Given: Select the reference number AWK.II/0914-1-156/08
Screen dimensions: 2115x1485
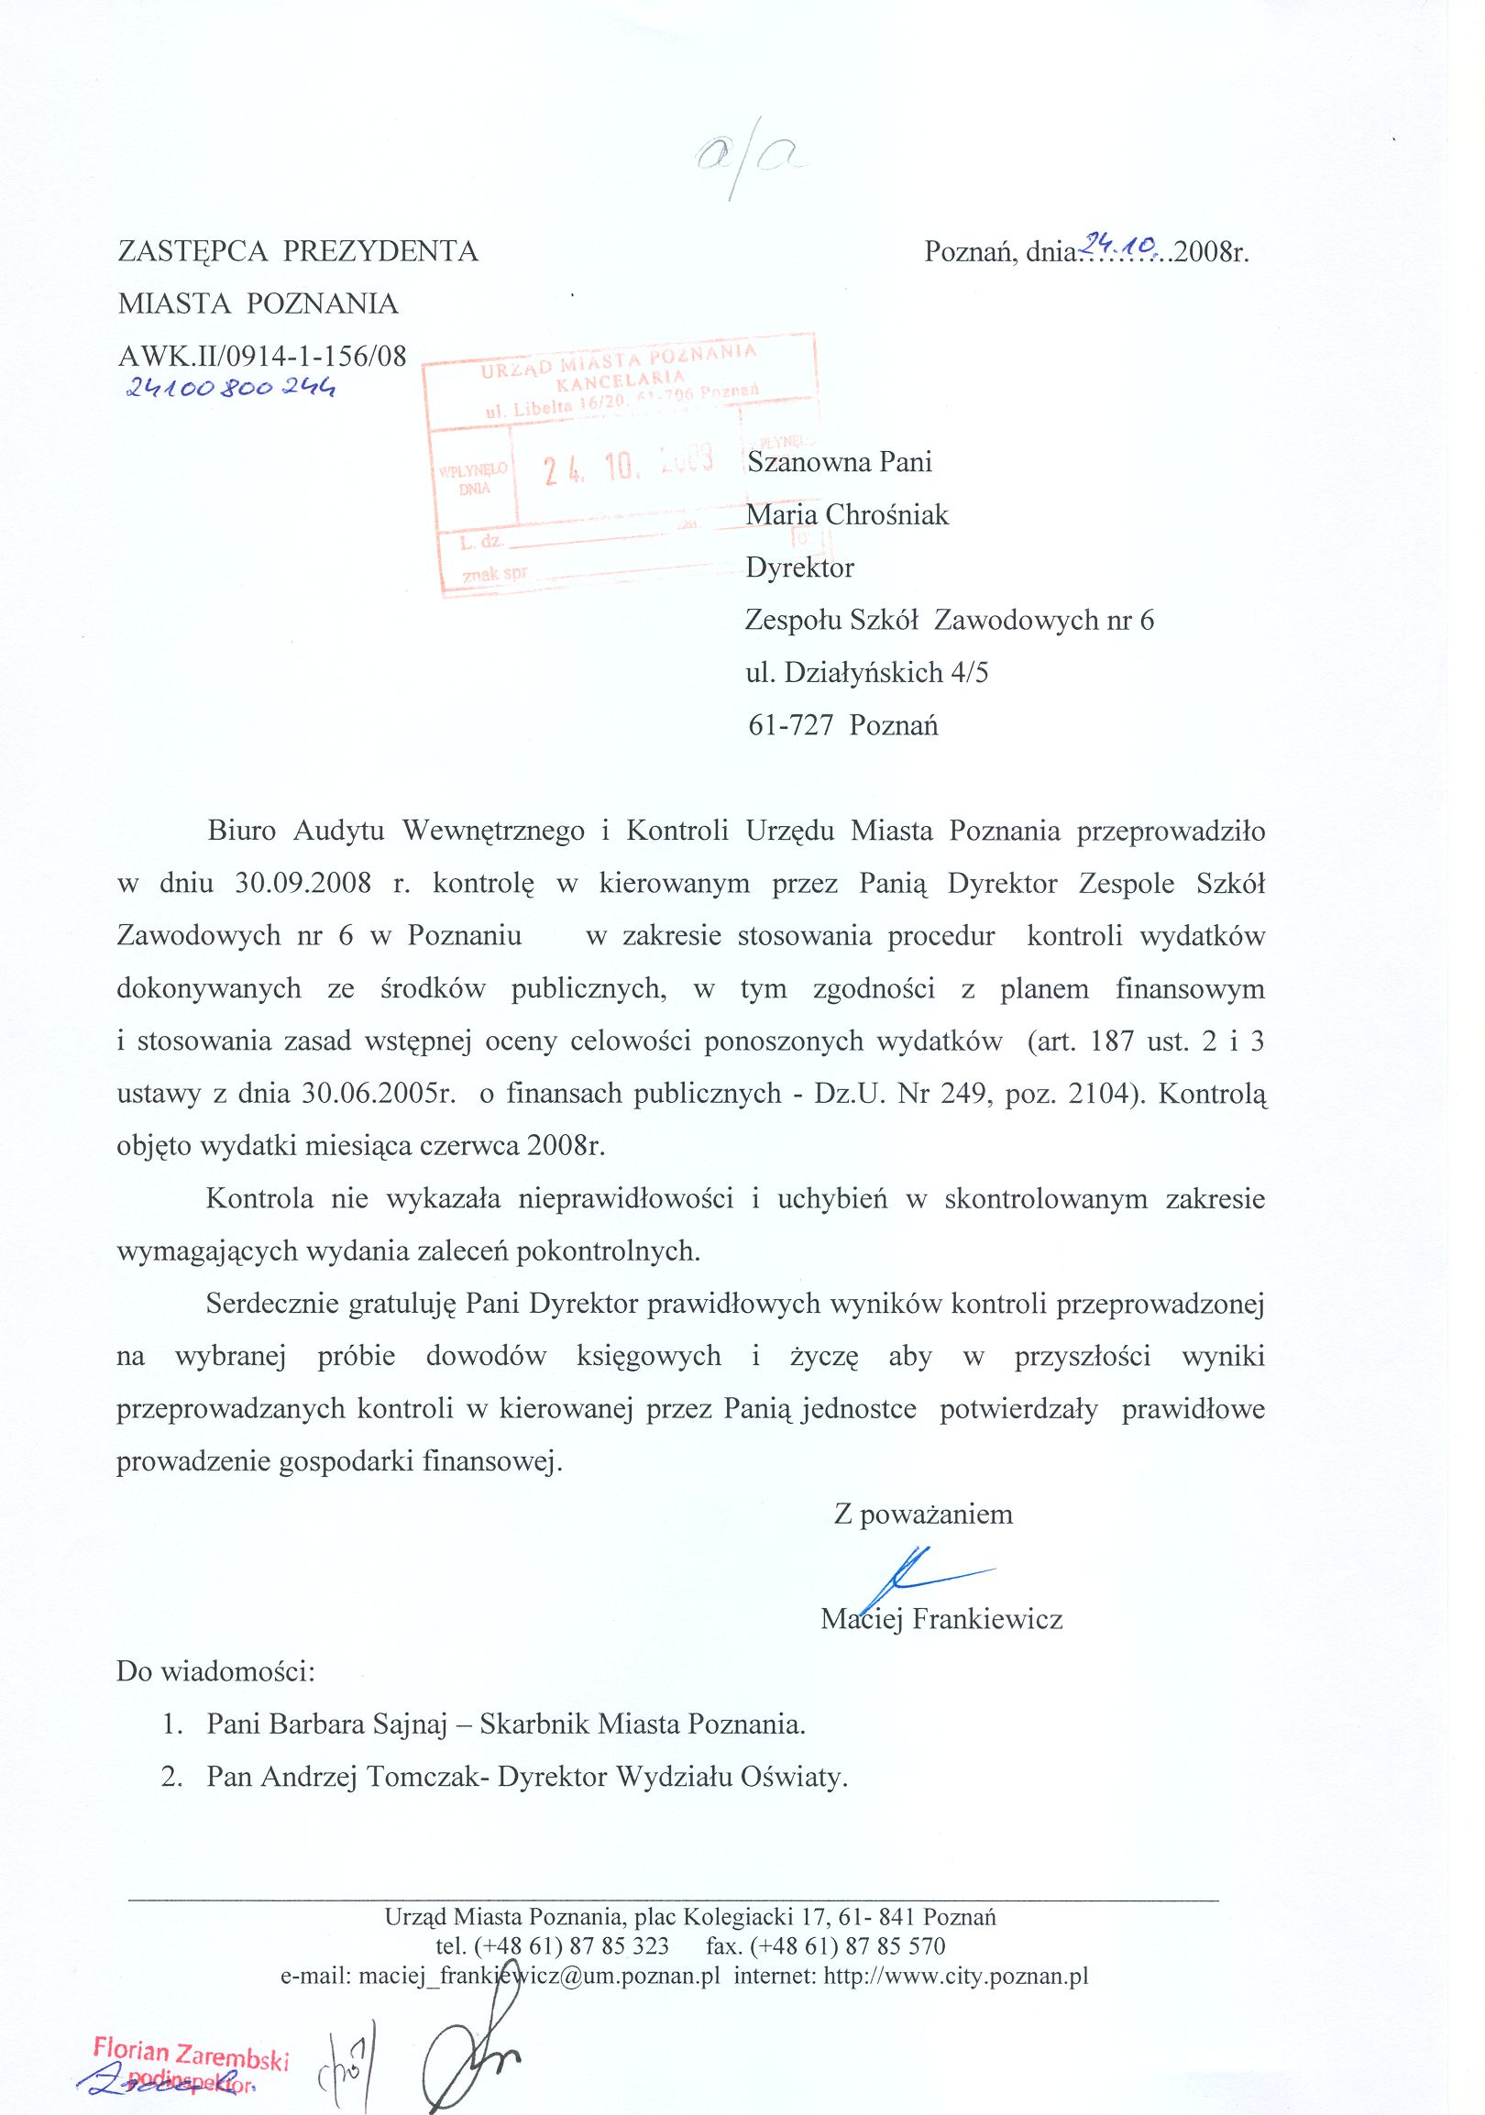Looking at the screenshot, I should coord(261,357).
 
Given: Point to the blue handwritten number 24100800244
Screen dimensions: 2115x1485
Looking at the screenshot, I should coord(230,391).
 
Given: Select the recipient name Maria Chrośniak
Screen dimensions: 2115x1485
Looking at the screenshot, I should coord(847,514).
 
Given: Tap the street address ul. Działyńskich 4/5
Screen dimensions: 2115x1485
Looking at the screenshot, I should coord(866,674).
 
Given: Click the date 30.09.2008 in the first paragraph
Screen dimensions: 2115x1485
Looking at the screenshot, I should coord(303,884).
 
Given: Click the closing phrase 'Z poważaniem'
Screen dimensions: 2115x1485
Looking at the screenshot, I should coord(923,1515).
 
